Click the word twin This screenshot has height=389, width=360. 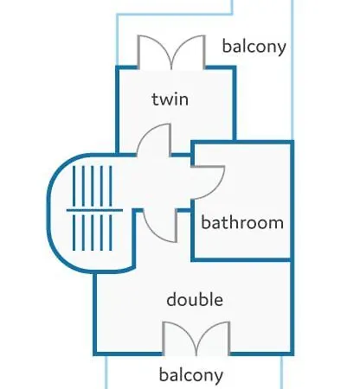pyautogui.click(x=170, y=99)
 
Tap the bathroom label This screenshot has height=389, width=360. pyautogui.click(x=242, y=222)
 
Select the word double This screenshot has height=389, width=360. pyautogui.click(x=195, y=299)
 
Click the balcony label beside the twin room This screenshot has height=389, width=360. pyautogui.click(x=254, y=46)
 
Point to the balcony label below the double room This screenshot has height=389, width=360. pyautogui.click(x=191, y=375)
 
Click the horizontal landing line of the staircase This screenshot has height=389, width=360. pyautogui.click(x=94, y=210)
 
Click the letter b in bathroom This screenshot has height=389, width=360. pyautogui.click(x=205, y=222)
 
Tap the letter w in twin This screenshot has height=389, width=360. pyautogui.click(x=166, y=100)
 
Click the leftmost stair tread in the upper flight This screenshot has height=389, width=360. pyautogui.click(x=74, y=186)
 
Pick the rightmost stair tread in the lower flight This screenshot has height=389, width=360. pyautogui.click(x=111, y=233)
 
